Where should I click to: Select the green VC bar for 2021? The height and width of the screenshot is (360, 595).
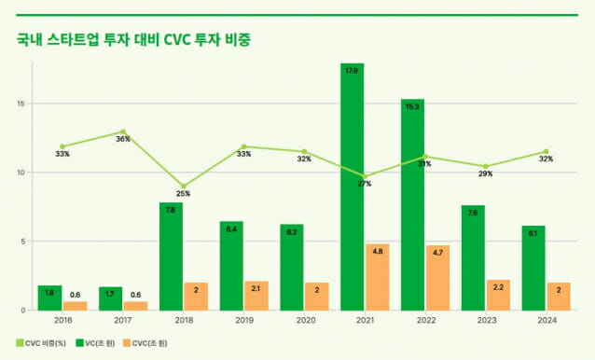pos(352,187)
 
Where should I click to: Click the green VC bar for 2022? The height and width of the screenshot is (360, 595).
pos(412,204)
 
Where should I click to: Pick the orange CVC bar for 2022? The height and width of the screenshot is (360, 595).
pos(436,278)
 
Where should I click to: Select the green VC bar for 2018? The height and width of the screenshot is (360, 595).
pos(171,256)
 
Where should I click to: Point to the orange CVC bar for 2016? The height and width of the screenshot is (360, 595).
pos(75,306)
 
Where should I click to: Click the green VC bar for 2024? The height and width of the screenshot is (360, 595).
pos(533,268)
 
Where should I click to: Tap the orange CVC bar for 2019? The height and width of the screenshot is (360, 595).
pos(256,296)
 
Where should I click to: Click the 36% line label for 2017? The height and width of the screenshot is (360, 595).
pos(122,140)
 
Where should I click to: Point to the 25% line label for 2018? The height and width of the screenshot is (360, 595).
pos(183,194)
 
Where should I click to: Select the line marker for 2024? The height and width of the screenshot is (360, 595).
pos(546,151)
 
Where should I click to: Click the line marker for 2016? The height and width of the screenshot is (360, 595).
pos(62,146)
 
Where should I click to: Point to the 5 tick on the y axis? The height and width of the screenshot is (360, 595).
pos(23,242)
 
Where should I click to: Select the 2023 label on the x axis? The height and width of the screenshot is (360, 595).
pos(485,320)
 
